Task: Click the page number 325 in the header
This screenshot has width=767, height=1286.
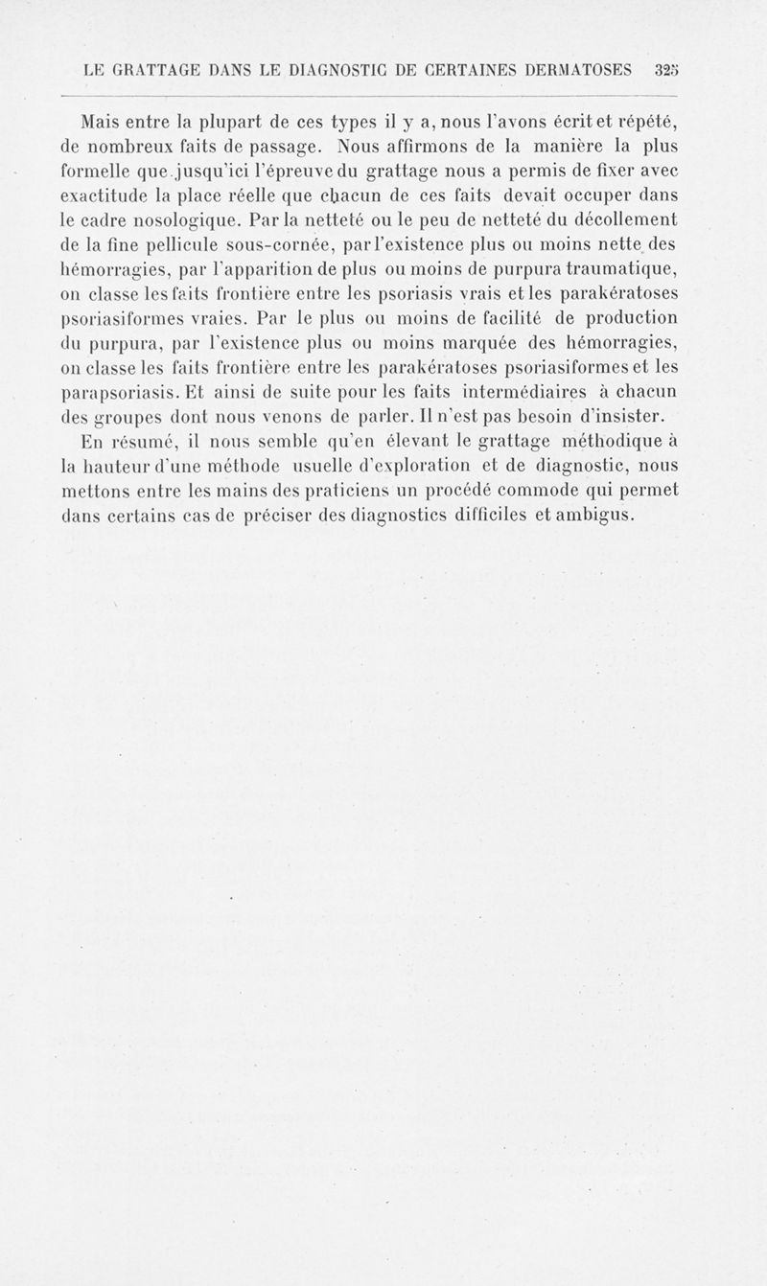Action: pyautogui.click(x=664, y=70)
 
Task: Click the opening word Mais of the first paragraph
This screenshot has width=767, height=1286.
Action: pyautogui.click(x=103, y=123)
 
